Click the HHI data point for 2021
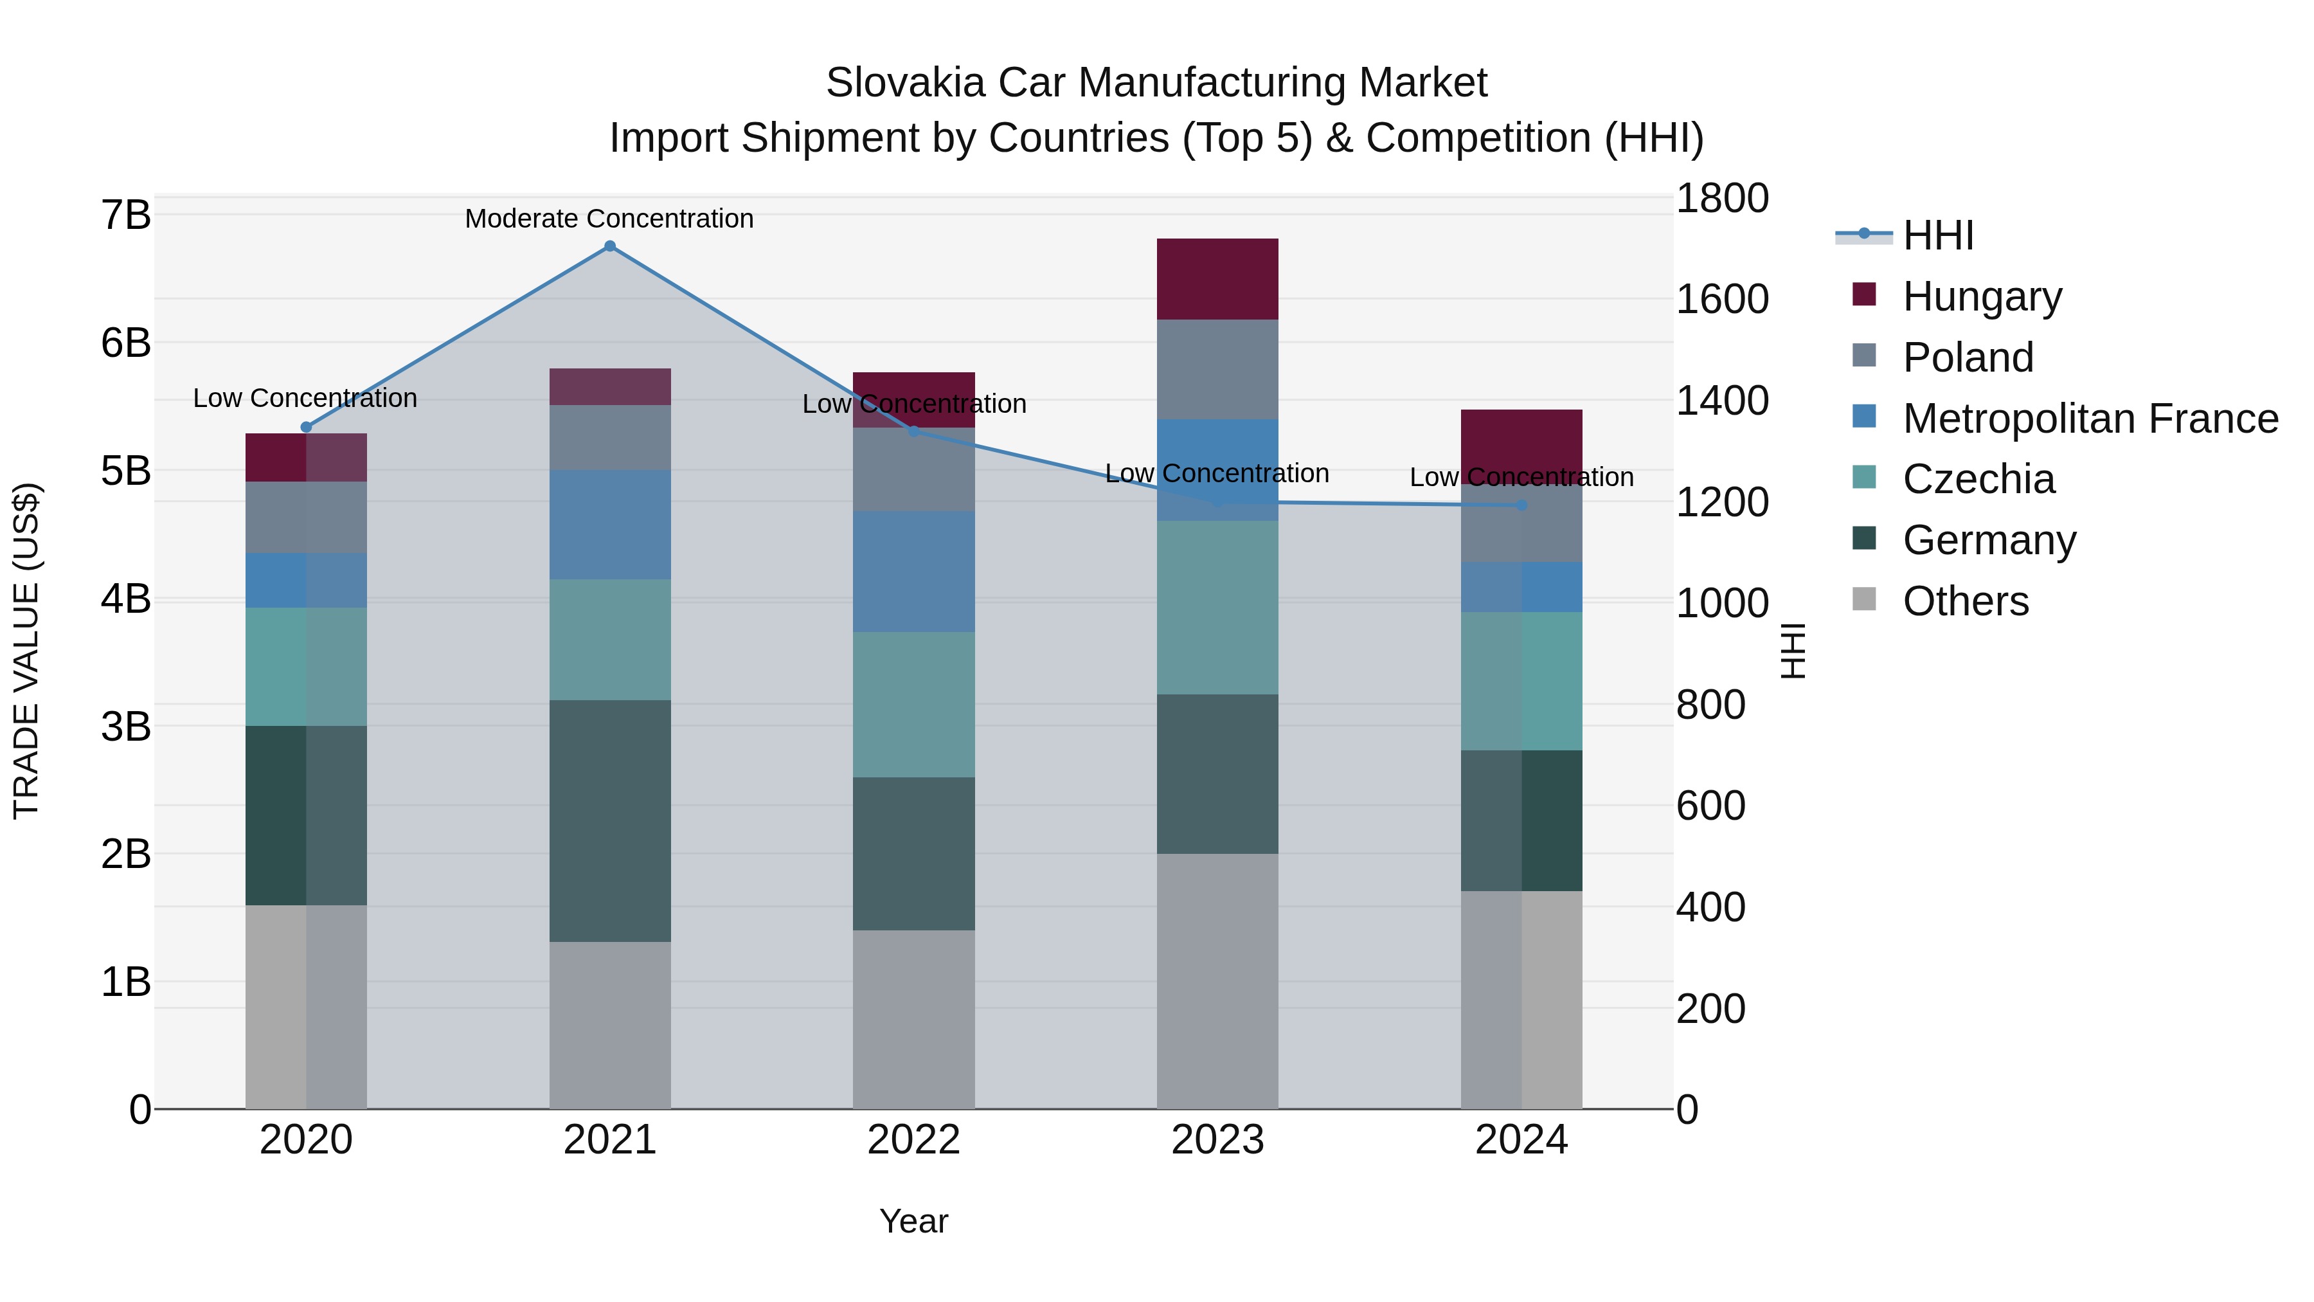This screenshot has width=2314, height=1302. [x=610, y=246]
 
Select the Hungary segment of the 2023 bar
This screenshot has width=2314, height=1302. [x=1217, y=280]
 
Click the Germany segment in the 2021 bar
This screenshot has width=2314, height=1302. [x=610, y=820]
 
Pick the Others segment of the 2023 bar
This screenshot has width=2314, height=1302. [x=1217, y=981]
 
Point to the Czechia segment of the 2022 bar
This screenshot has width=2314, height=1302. [x=913, y=705]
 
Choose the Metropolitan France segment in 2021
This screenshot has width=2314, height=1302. [x=610, y=525]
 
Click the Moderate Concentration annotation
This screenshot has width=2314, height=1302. [x=609, y=219]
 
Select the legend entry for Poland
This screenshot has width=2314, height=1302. [x=1968, y=357]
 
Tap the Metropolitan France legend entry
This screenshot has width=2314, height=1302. [x=2090, y=419]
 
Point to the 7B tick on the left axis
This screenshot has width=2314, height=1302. [x=126, y=215]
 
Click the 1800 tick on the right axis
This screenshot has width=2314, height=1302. [x=1722, y=199]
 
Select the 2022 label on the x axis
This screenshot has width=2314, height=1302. [x=913, y=1140]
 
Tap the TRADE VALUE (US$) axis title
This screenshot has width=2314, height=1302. [x=27, y=651]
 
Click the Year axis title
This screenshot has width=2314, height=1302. [x=913, y=1221]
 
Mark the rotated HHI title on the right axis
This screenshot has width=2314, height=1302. [x=1792, y=651]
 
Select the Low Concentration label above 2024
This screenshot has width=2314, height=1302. [x=1521, y=477]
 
